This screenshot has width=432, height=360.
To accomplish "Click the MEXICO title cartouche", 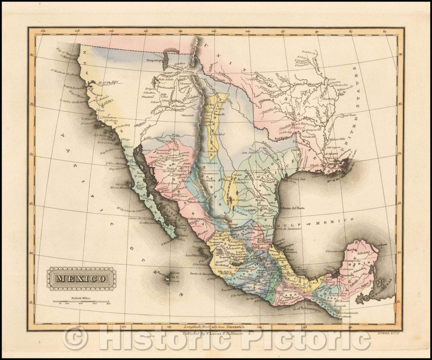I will (82, 278).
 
